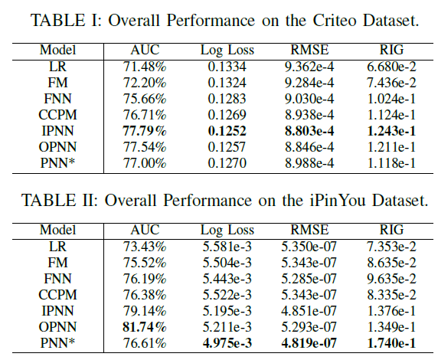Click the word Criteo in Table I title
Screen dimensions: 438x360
pos(335,20)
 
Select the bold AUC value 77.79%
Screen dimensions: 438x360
pos(145,131)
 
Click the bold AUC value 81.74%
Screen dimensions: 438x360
pos(145,327)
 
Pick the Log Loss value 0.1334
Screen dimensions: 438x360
pos(227,67)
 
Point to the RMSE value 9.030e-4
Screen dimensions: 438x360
pos(309,99)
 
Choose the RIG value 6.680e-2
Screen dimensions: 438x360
pos(391,67)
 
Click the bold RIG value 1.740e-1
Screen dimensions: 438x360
pos(391,343)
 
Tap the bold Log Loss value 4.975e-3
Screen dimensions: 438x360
pos(227,343)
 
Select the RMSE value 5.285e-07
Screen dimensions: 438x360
pos(309,279)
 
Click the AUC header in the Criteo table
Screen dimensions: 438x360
pos(145,50)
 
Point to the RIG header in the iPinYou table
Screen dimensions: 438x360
pos(391,230)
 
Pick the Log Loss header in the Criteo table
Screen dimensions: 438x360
pos(227,51)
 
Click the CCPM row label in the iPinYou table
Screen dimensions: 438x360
pos(57,295)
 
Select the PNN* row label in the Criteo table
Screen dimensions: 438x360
pos(57,163)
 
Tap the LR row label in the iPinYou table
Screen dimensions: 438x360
pos(57,247)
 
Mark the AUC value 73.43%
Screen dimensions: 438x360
pos(145,247)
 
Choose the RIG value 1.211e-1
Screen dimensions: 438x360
pos(391,147)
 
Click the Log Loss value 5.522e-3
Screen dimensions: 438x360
pos(227,295)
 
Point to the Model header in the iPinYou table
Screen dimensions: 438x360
pos(57,230)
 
